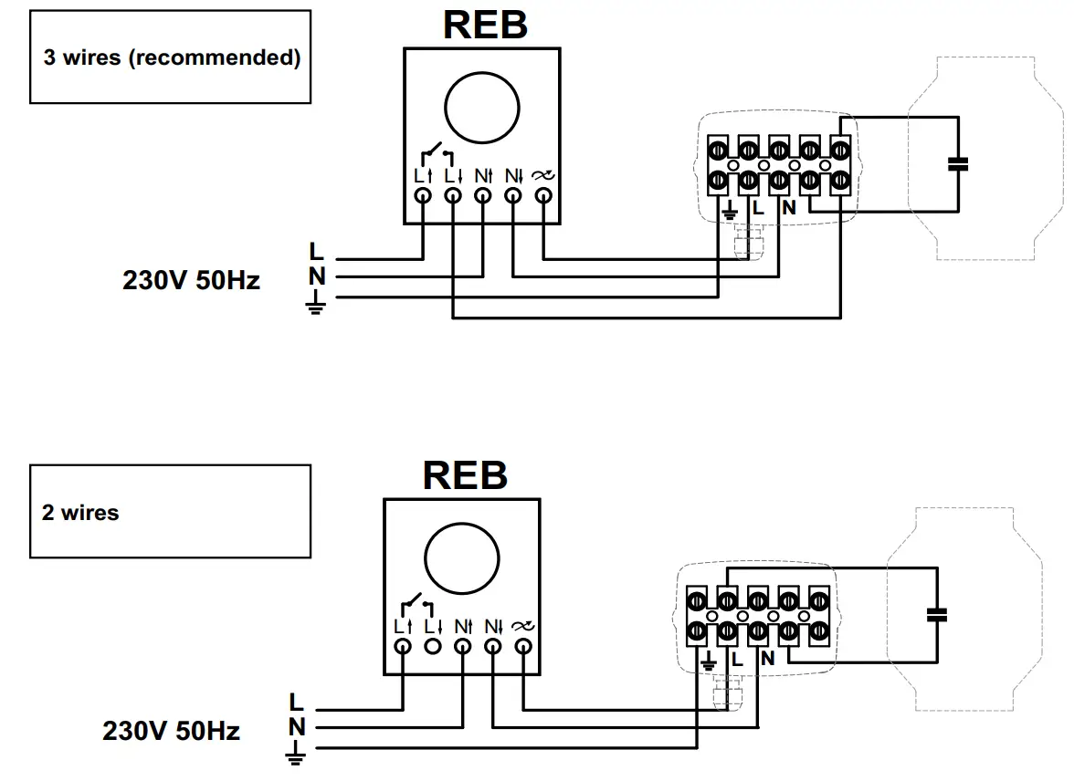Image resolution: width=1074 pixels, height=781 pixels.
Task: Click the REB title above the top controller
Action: [x=485, y=25]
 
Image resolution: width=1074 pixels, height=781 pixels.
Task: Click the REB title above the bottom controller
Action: [x=464, y=474]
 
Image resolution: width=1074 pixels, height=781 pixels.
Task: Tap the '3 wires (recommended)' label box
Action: [x=171, y=57]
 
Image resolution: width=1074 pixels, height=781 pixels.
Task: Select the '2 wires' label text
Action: [x=80, y=513]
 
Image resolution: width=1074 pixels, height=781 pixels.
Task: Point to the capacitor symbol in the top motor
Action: [x=957, y=164]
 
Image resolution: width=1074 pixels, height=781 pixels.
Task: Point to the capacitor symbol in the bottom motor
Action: [x=936, y=615]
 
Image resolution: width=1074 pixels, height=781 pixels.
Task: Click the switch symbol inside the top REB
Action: [x=437, y=151]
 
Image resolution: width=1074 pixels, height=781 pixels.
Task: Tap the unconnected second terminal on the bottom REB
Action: [x=433, y=646]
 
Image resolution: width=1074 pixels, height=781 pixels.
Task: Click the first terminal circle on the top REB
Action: [x=423, y=195]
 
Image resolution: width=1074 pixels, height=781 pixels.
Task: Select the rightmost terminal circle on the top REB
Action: [x=543, y=195]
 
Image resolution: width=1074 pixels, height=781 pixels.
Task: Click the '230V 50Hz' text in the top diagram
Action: [x=191, y=281]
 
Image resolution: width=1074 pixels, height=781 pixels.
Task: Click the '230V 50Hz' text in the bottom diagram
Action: [x=171, y=731]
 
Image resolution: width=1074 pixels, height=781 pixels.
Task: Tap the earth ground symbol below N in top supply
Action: [x=316, y=304]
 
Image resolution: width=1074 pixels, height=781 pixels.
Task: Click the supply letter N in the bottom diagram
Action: [x=296, y=727]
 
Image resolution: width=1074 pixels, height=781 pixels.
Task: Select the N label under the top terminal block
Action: [x=789, y=209]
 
